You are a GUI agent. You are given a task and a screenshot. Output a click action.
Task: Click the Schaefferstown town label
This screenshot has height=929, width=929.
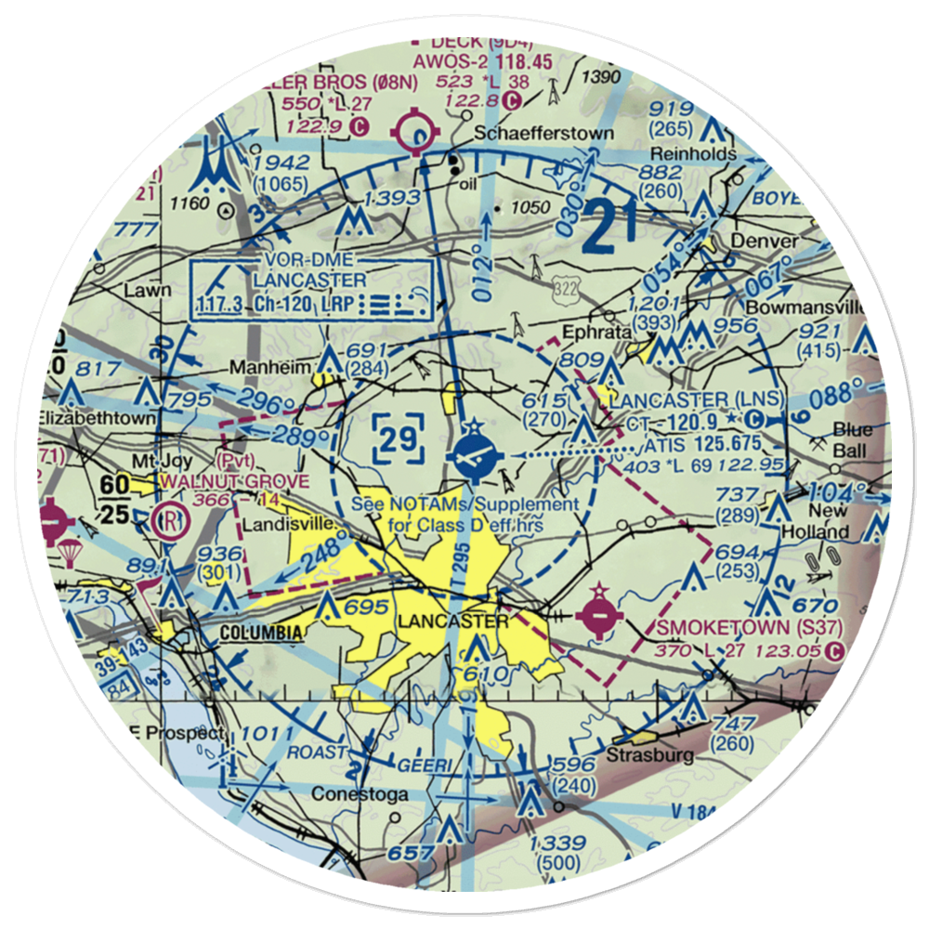(543, 134)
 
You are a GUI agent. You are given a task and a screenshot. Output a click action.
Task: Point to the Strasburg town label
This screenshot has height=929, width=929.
(649, 754)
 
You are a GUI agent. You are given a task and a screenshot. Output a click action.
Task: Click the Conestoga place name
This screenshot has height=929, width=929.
(347, 794)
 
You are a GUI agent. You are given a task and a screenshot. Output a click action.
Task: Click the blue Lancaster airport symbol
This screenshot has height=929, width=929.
(474, 455)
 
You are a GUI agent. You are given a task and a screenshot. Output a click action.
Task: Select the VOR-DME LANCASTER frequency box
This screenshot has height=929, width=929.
(312, 290)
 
